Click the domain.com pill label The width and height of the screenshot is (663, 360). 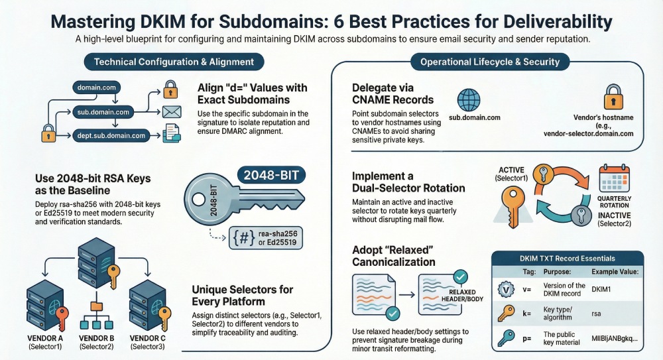[x=96, y=88]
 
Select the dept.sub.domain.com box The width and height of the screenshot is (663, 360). [x=111, y=136]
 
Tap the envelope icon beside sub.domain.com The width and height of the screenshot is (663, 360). [x=172, y=112]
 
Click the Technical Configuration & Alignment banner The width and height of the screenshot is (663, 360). [x=174, y=62]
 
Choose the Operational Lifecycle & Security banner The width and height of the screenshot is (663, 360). [x=490, y=62]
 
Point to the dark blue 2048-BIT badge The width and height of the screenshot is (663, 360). [x=271, y=175]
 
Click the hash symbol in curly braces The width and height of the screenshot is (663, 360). [x=244, y=238]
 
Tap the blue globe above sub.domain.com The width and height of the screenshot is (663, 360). [x=469, y=100]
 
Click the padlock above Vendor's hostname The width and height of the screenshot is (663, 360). [x=613, y=97]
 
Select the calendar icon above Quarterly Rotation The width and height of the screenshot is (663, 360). [x=615, y=179]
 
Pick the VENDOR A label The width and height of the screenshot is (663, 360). [x=45, y=338]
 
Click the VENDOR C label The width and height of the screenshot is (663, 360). [x=148, y=338]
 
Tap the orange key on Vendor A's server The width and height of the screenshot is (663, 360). [x=62, y=318]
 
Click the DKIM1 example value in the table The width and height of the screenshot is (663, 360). [x=601, y=290]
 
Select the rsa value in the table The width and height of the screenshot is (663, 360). [x=596, y=314]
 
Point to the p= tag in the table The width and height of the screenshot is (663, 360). [x=527, y=338]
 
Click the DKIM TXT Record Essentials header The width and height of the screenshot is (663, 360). [x=568, y=259]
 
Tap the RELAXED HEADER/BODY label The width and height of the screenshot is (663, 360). [x=462, y=295]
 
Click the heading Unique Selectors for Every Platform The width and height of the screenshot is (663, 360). [x=242, y=295]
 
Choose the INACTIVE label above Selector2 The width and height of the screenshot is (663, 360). [x=615, y=215]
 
